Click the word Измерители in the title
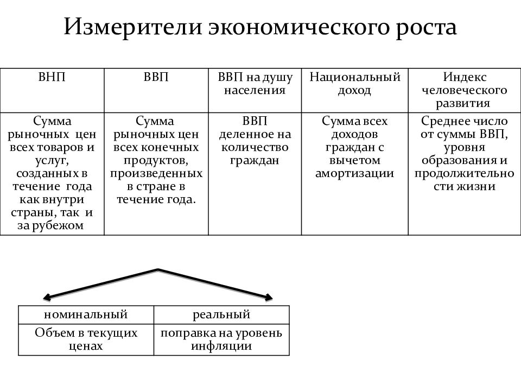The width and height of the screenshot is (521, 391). (x=133, y=27)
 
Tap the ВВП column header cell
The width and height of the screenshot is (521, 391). (x=156, y=91)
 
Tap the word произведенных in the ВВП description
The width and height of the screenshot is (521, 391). (x=156, y=174)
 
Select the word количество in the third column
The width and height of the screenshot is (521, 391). (x=255, y=147)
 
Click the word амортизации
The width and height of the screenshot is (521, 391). (x=354, y=174)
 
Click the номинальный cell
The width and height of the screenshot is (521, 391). (x=86, y=315)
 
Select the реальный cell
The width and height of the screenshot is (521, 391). (x=221, y=315)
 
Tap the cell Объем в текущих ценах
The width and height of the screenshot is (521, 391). (x=86, y=340)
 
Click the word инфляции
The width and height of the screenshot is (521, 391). (x=221, y=346)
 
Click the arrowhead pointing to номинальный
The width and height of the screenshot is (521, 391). (x=47, y=297)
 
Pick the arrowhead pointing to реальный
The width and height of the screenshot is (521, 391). (x=269, y=298)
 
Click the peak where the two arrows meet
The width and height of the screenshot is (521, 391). (x=158, y=270)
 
